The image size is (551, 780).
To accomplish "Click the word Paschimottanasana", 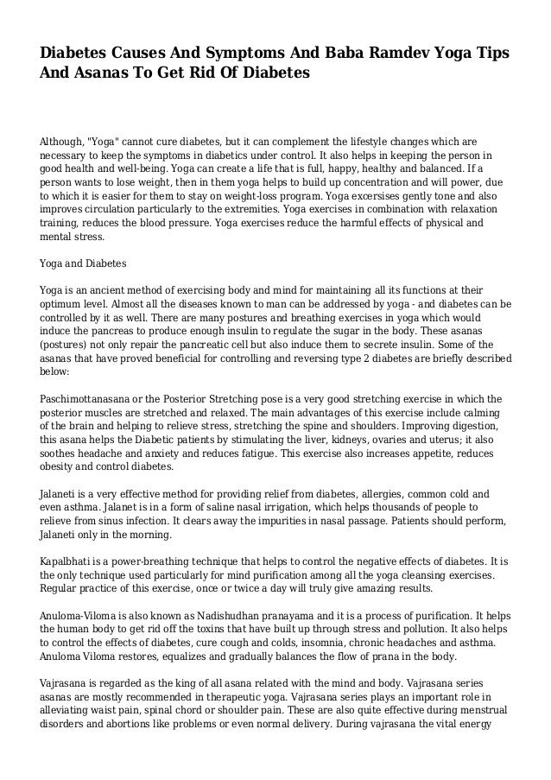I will [x=94, y=398].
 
